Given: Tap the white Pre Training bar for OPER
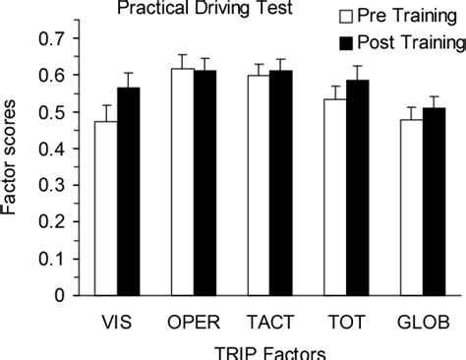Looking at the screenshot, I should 181,181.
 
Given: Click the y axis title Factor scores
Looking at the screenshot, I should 13,167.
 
